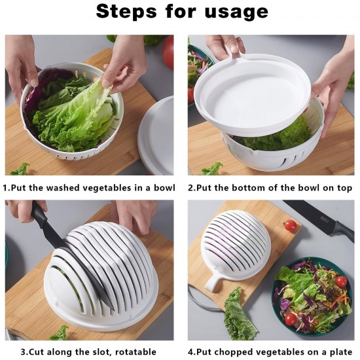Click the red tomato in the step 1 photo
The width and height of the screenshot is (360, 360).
click(168, 51)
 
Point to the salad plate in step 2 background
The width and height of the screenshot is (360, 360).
click(196, 65)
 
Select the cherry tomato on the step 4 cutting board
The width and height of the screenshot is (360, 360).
click(291, 225)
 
